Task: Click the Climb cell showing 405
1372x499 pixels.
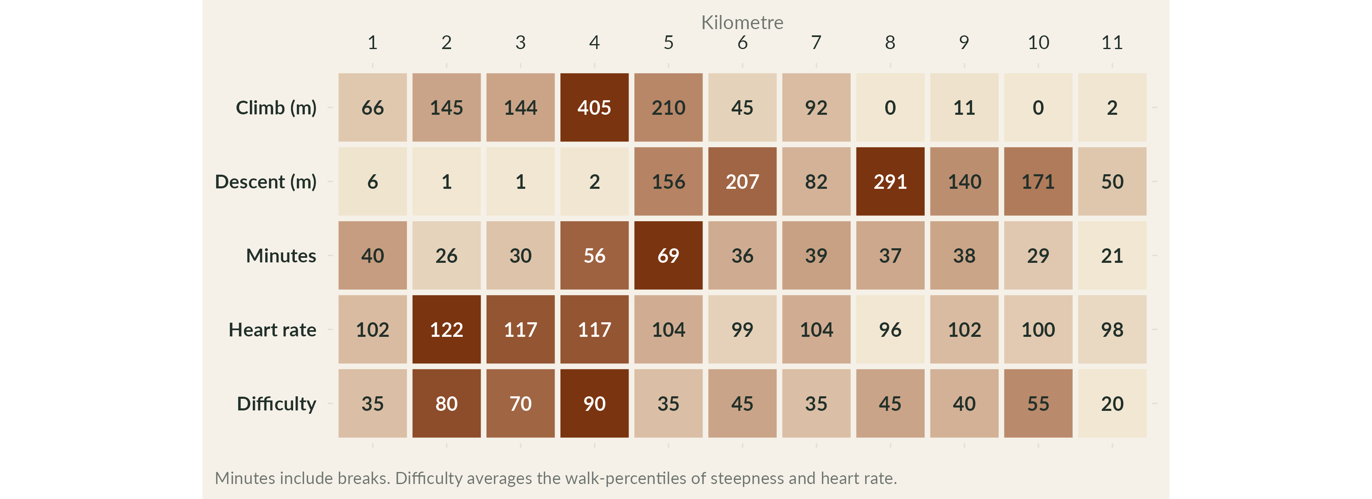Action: [x=595, y=108]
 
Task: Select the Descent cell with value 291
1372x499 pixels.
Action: [x=890, y=182]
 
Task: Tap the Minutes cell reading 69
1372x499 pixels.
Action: [x=669, y=256]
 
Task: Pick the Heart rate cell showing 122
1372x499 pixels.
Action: [x=447, y=330]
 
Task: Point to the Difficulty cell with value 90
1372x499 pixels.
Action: [x=595, y=404]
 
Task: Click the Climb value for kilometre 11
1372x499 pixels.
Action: [x=1112, y=108]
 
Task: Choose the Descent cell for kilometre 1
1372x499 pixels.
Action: [x=372, y=182]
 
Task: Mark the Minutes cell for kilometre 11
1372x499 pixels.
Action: [x=1112, y=256]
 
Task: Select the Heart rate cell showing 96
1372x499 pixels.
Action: [x=890, y=330]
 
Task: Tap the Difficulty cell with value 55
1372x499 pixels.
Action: [x=1038, y=404]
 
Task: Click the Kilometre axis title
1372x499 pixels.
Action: [x=742, y=22]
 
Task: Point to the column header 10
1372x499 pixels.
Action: [x=1038, y=42]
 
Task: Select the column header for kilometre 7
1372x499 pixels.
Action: [x=816, y=42]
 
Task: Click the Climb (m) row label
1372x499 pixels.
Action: [x=276, y=108]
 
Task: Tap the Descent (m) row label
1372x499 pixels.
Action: [x=265, y=182]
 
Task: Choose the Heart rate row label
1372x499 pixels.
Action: [x=272, y=330]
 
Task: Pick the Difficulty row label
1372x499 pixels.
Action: [x=276, y=404]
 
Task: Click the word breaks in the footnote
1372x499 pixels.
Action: [x=364, y=478]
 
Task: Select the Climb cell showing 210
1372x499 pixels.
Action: [x=669, y=108]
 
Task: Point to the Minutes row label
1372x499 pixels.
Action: [x=281, y=256]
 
